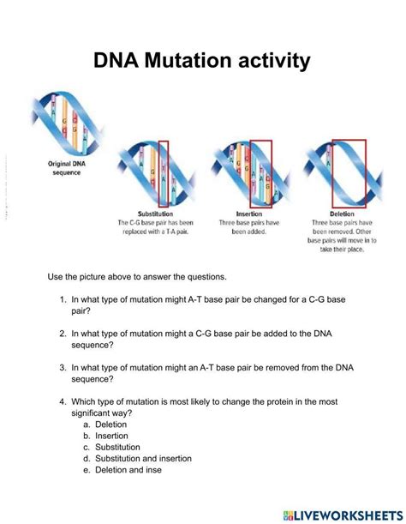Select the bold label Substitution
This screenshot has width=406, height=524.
[x=155, y=213]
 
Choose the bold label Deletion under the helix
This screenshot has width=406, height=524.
[x=341, y=213]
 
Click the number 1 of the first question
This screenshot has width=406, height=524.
[x=63, y=300]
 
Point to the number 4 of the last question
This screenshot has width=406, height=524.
[x=63, y=401]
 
